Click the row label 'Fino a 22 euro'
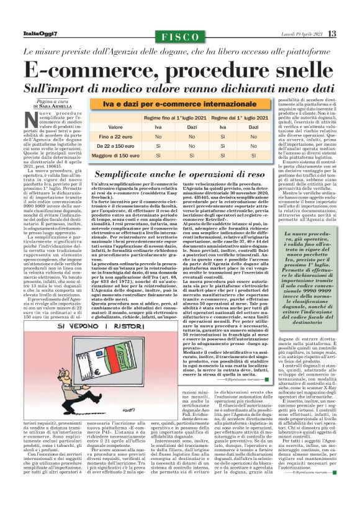coord(113,136)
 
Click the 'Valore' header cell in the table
coord(113,126)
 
